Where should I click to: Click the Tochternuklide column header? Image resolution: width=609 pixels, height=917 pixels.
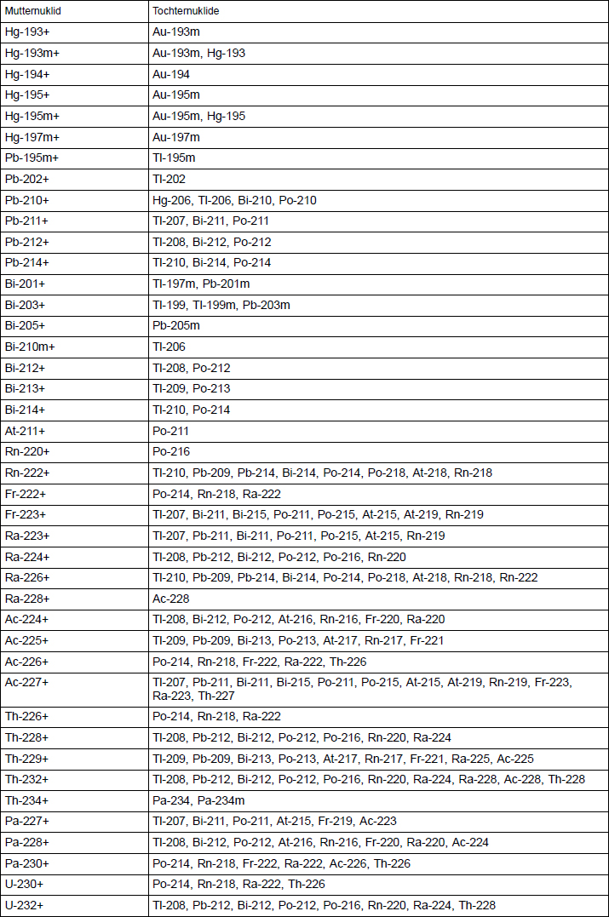tap(189, 12)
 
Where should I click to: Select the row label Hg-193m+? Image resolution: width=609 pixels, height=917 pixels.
tap(32, 53)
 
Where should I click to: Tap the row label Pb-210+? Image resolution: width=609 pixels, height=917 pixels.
tap(27, 200)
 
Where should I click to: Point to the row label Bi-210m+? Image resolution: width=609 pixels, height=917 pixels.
tap(30, 347)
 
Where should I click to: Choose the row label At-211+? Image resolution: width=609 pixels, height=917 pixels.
tap(26, 431)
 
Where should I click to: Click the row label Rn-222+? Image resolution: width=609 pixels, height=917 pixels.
tap(27, 473)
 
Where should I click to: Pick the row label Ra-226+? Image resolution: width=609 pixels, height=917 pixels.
tap(27, 577)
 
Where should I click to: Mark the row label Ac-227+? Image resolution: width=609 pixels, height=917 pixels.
tap(27, 682)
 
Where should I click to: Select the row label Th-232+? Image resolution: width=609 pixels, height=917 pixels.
tap(27, 779)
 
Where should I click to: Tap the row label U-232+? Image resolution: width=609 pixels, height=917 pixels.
tap(25, 905)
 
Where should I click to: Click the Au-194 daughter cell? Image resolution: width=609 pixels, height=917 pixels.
tap(171, 74)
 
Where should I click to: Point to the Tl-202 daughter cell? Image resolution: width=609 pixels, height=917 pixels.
tap(169, 179)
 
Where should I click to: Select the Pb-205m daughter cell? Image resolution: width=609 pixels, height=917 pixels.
tap(176, 325)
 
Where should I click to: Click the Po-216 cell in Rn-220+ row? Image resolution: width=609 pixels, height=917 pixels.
tap(171, 451)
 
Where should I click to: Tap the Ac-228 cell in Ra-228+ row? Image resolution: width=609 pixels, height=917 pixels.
tap(171, 599)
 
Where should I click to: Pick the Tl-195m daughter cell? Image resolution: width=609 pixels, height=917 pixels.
tap(174, 158)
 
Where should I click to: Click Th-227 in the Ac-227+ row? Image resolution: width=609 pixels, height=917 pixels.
tap(216, 696)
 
